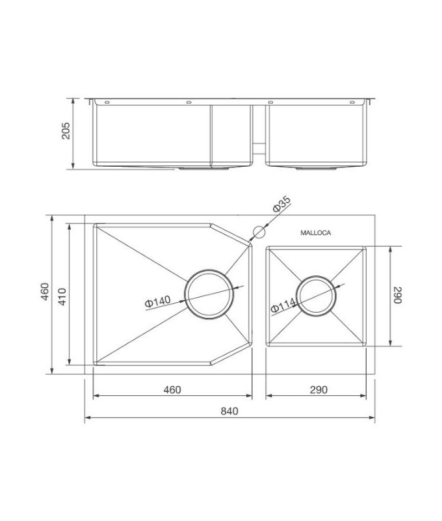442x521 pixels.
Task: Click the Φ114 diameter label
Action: [x=283, y=306]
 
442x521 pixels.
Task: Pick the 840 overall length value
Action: [x=229, y=411]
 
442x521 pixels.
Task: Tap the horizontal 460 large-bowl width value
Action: [x=172, y=389]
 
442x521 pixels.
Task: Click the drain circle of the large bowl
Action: [x=210, y=295]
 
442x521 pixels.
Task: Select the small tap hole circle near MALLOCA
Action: [x=258, y=232]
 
